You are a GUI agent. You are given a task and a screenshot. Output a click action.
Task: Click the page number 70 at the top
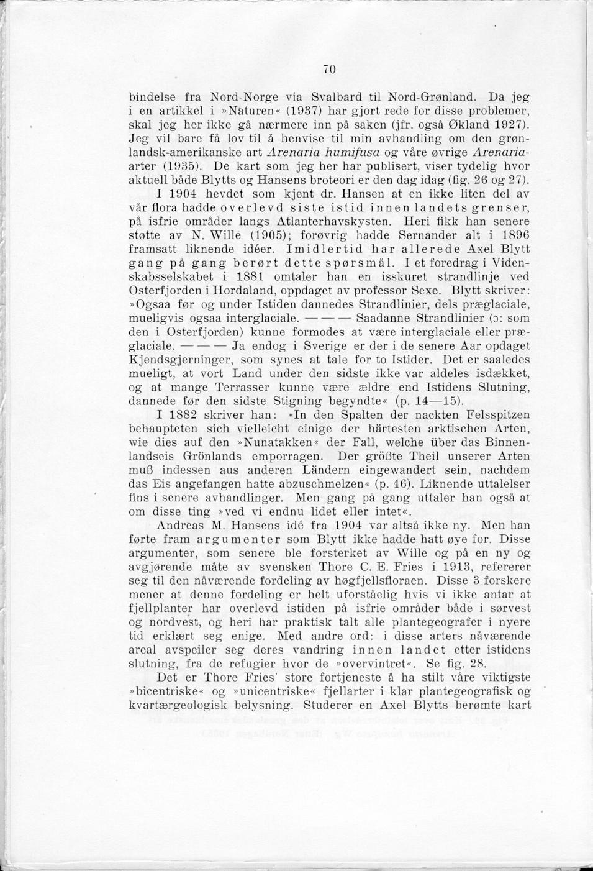[329, 70]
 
